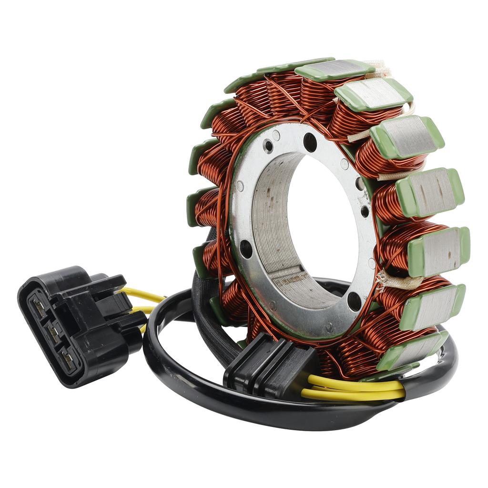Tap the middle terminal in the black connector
pyautogui.click(x=53, y=333)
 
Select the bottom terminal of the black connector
pyautogui.click(x=68, y=360)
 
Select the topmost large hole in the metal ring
pyautogui.click(x=310, y=142)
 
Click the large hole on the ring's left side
pyautogui.click(x=246, y=248)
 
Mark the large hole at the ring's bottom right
pyautogui.click(x=354, y=301)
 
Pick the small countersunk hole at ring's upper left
pyautogui.click(x=268, y=146)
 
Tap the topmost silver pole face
pyautogui.click(x=333, y=70)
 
